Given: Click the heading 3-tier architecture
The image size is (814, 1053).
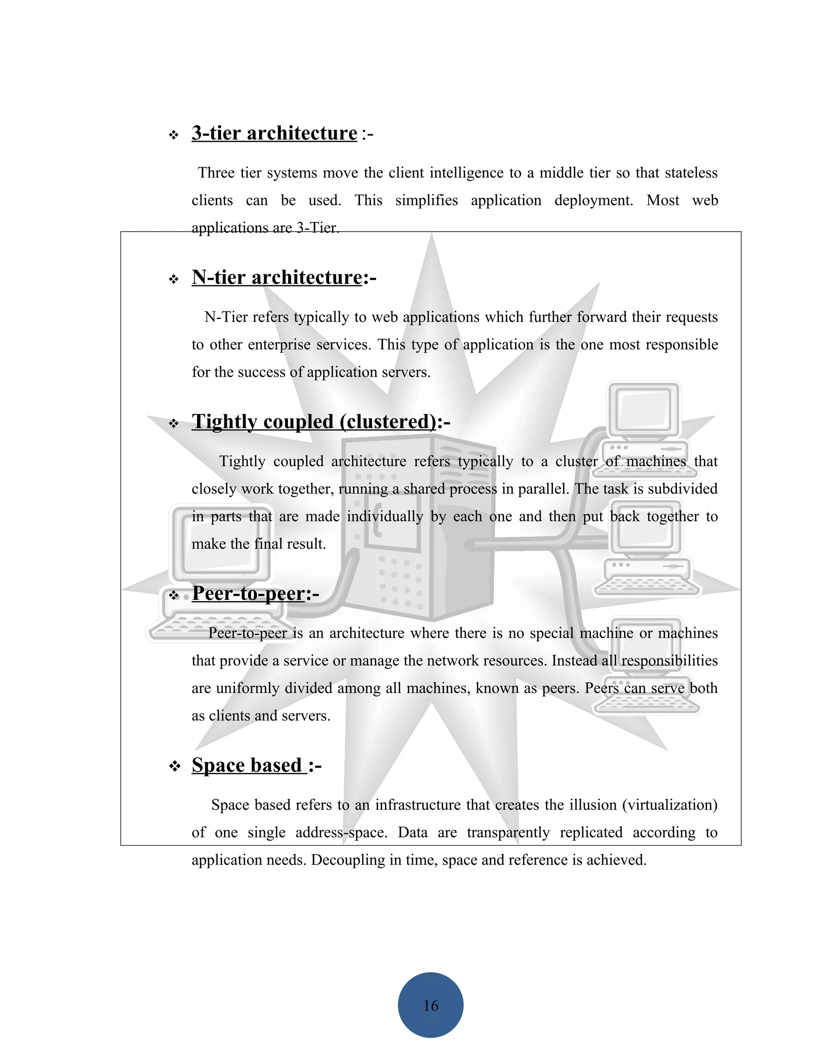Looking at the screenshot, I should (274, 133).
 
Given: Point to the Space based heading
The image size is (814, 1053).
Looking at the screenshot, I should (249, 765).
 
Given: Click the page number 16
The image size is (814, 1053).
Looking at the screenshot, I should (430, 1005).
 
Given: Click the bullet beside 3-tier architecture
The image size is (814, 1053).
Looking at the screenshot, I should (174, 135).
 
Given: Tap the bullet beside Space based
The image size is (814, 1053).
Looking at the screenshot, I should (174, 767).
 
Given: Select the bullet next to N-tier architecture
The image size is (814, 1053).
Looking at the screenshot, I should (174, 279).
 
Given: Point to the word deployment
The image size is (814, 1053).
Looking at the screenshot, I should (593, 200).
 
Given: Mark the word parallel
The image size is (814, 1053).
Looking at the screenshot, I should (541, 489).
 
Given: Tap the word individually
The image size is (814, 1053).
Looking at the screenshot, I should (385, 517).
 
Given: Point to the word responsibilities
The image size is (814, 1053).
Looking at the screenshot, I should (669, 660).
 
